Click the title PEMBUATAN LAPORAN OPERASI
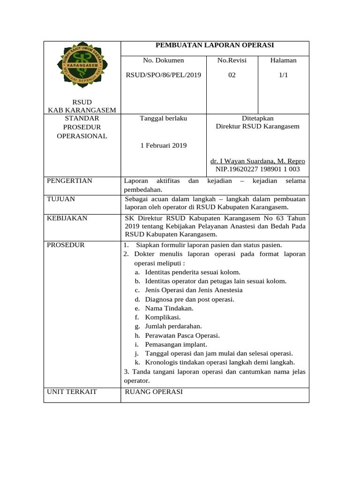pos(215,45)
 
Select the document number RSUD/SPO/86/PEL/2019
pos(164,75)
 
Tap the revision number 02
pos(232,75)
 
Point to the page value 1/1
pos(283,75)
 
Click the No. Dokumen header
pos(164,60)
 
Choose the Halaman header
pos(283,60)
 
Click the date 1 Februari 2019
pos(164,145)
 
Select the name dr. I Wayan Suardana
pos(257,161)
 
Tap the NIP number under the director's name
pos(257,169)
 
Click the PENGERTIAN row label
pos(70,181)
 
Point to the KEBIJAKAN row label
pos(67,218)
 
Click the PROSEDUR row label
pos(66,245)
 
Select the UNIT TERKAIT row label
pos(72,391)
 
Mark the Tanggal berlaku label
pos(164,119)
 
